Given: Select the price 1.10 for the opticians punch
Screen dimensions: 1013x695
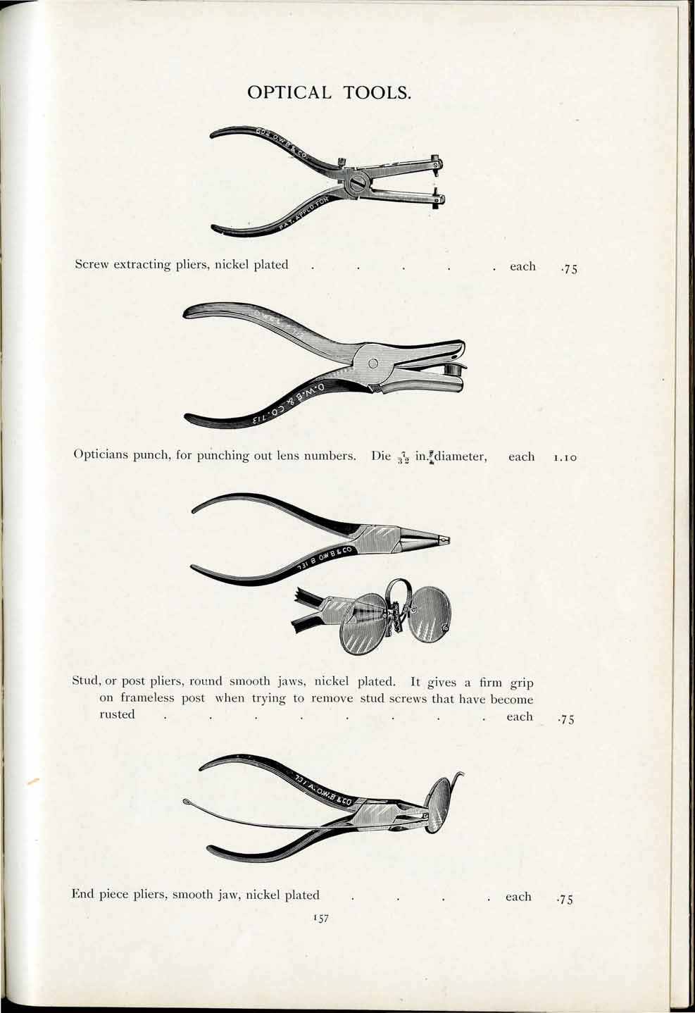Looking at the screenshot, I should coord(565,458).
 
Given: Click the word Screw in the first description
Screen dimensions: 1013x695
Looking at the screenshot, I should coord(92,265).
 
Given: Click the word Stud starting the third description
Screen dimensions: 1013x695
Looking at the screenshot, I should coord(86,682).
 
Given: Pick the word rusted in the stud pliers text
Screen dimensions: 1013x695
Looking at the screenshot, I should coord(116,714).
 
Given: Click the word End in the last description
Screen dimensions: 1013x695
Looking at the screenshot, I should coord(83,895).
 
